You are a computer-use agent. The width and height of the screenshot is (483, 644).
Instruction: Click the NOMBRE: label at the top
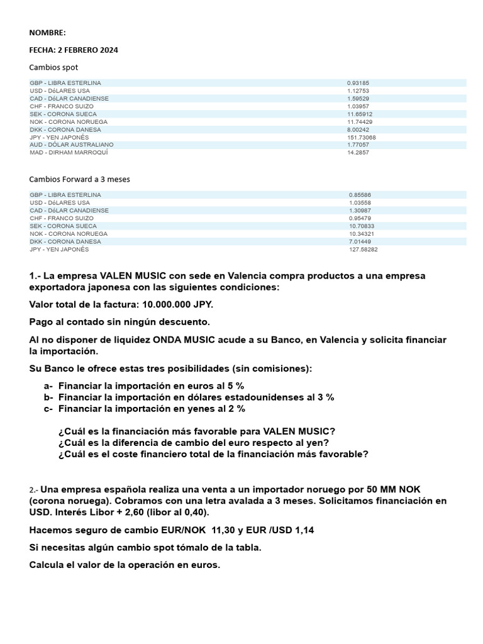click(47, 33)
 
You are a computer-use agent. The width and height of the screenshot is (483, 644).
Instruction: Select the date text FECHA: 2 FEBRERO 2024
click(74, 50)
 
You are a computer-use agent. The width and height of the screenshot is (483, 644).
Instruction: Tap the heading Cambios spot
click(53, 67)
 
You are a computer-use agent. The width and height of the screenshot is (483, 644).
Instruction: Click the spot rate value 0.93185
click(358, 83)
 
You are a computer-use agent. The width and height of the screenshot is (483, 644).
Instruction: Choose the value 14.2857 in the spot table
click(358, 152)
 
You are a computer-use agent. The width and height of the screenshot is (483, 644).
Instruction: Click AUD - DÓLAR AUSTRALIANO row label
click(72, 145)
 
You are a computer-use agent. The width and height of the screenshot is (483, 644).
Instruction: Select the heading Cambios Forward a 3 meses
click(79, 179)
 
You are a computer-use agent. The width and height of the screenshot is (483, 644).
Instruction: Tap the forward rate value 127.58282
click(364, 249)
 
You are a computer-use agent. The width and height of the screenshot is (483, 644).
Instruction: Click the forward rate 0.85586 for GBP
click(360, 195)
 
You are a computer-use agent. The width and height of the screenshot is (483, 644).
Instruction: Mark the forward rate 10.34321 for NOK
click(362, 234)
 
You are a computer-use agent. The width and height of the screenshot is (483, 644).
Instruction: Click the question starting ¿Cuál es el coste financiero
click(213, 453)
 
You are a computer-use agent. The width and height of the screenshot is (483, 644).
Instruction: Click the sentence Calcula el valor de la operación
click(125, 565)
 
